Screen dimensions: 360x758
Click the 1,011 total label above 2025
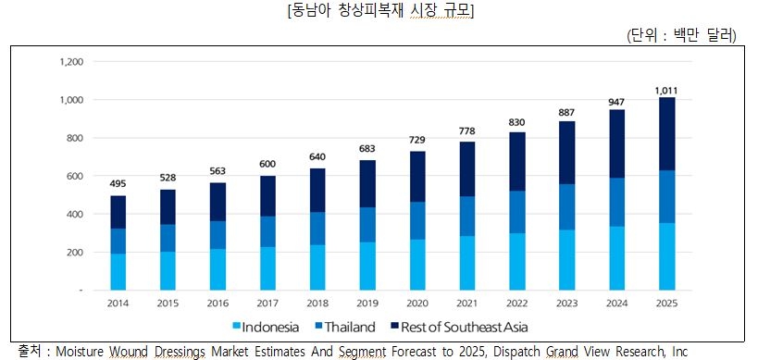[x=666, y=90]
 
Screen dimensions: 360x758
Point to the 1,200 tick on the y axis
[x=71, y=62]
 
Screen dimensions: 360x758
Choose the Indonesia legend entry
[x=269, y=327]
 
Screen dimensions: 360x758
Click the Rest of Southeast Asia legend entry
[x=469, y=327]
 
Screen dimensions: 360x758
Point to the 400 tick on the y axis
[x=71, y=215]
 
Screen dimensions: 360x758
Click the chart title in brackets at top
[x=379, y=11]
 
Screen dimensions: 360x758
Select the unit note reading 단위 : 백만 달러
[x=681, y=34]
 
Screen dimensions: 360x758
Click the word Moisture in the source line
[x=84, y=352]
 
